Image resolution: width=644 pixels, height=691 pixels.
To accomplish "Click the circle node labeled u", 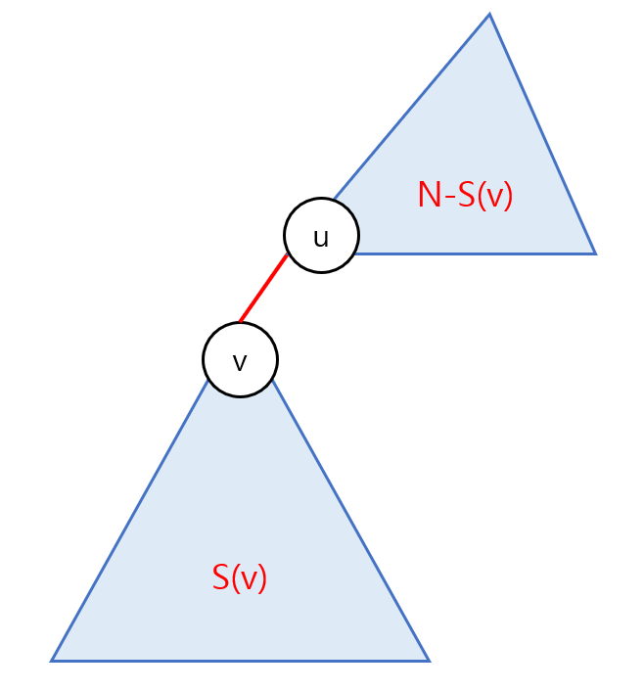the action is pos(321,235).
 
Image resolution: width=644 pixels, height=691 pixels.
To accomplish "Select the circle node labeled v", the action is pos(240,360).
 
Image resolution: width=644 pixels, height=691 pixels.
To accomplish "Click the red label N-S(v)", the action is pos(465,196).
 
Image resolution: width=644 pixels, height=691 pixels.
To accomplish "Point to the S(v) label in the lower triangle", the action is pos(240,577).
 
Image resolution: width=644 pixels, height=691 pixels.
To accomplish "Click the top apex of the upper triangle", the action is pos(488,15).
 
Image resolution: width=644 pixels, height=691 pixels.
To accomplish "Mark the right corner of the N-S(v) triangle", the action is pos(594,253).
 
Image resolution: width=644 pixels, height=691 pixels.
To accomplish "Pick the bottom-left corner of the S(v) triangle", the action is pos(52,661).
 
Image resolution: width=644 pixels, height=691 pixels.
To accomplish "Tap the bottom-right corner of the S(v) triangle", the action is pos(428,661).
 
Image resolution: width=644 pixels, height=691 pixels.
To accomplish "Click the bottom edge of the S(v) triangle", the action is pos(240,661).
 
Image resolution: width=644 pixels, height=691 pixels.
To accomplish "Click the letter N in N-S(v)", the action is pos(427,196).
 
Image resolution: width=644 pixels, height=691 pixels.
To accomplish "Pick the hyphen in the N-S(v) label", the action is pos(446,198).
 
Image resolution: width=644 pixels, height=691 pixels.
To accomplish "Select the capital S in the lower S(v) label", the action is pos(221,577).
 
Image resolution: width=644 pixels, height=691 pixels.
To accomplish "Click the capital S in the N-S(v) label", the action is pos(465,196).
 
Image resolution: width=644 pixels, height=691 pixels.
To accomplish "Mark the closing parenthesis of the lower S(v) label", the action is pos(262,578).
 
